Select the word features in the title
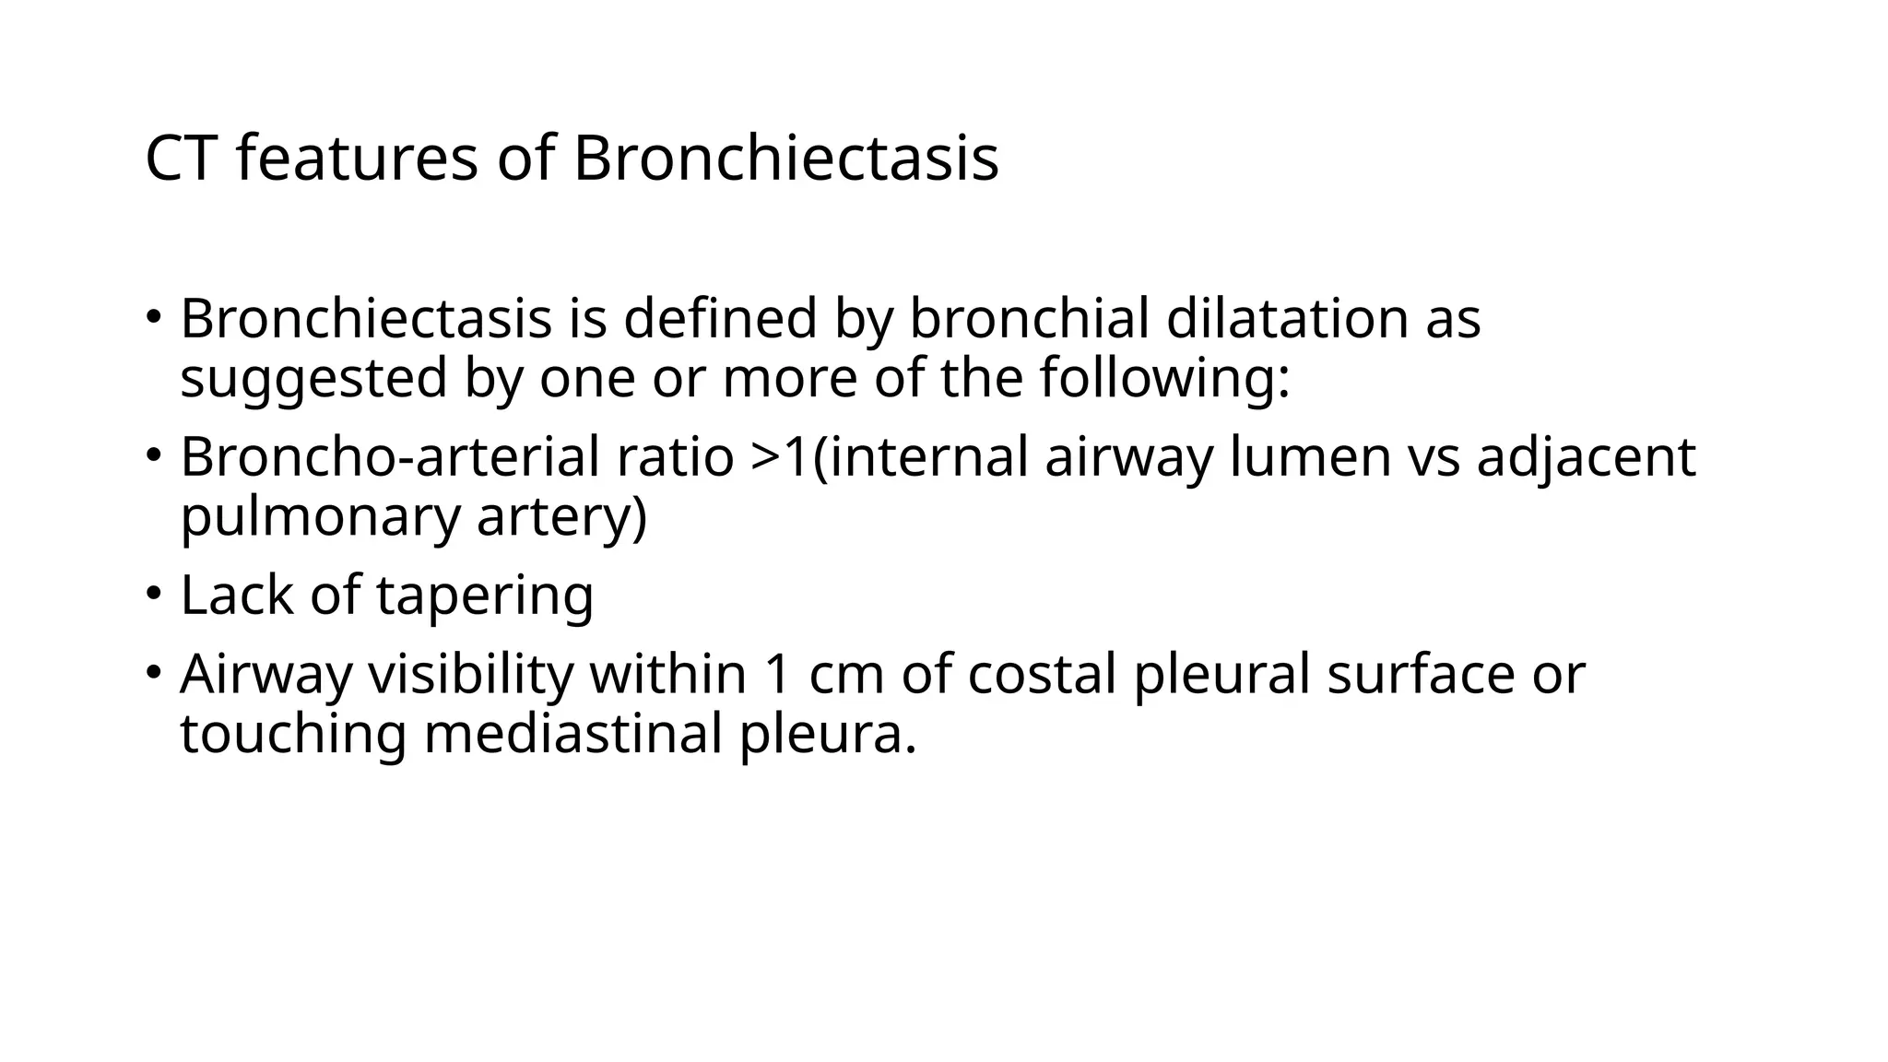(x=357, y=159)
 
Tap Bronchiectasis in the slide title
(x=785, y=159)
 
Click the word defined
(x=720, y=319)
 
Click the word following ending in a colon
(x=1164, y=378)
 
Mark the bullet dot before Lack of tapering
(x=152, y=592)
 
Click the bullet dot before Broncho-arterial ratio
(x=152, y=454)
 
